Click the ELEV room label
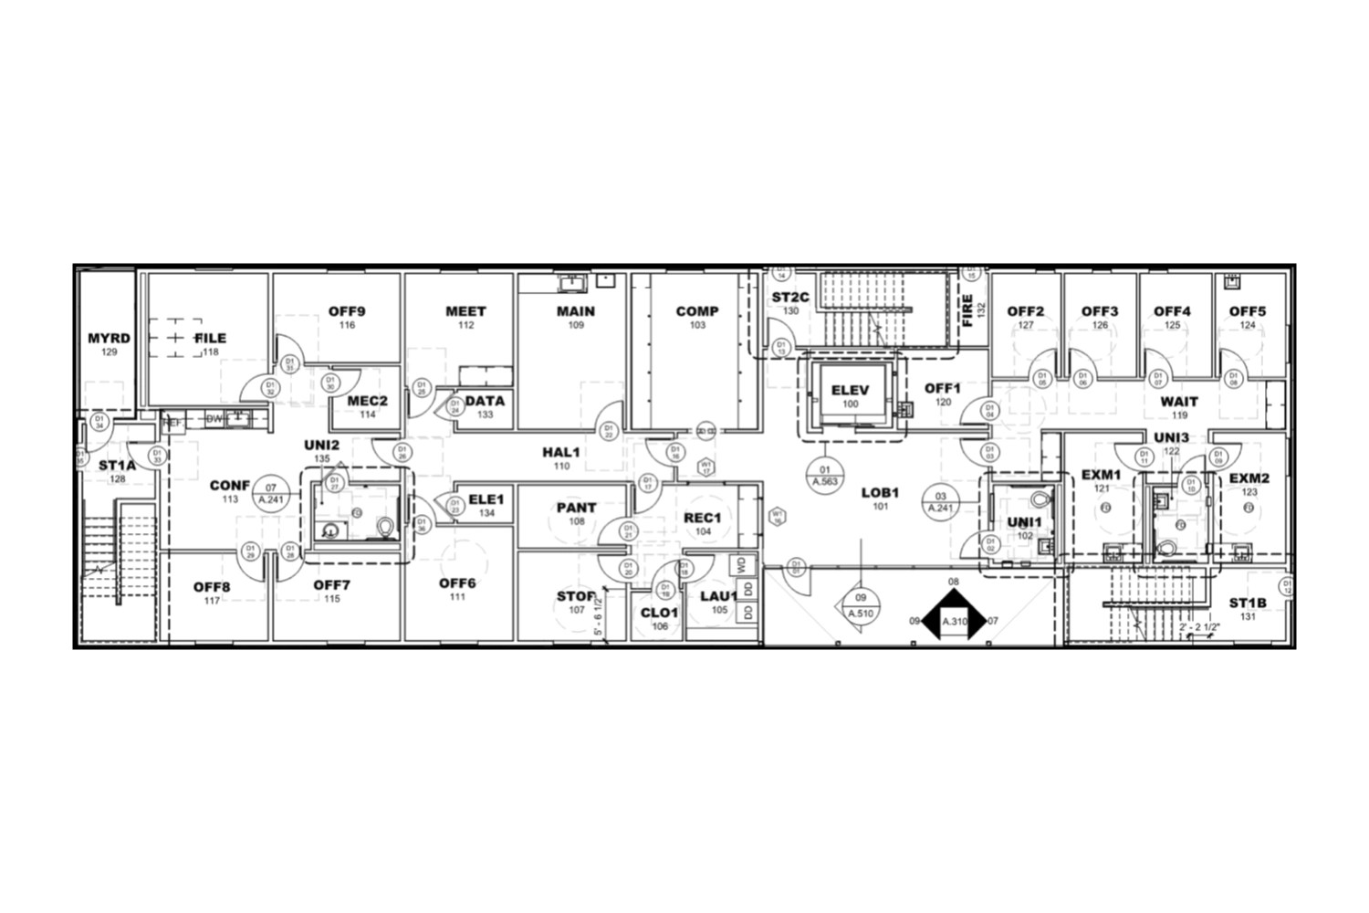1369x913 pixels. [x=850, y=391]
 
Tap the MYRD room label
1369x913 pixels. [x=109, y=339]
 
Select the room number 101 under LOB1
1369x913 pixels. [x=880, y=506]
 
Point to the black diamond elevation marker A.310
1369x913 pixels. [x=954, y=621]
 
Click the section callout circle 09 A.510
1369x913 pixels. [x=861, y=605]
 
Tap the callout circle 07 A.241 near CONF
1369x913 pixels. [x=269, y=492]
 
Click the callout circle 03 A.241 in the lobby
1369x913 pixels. [x=941, y=503]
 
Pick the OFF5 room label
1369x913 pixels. [x=1247, y=311]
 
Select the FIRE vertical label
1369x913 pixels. [x=967, y=310]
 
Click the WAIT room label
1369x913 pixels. [x=1179, y=402]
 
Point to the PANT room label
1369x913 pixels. [x=576, y=508]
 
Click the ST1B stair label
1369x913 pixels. [x=1247, y=603]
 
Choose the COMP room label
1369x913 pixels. [x=697, y=311]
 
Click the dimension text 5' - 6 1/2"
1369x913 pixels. [x=599, y=615]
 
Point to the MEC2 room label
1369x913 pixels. [x=367, y=401]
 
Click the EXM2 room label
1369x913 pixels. [x=1249, y=478]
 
